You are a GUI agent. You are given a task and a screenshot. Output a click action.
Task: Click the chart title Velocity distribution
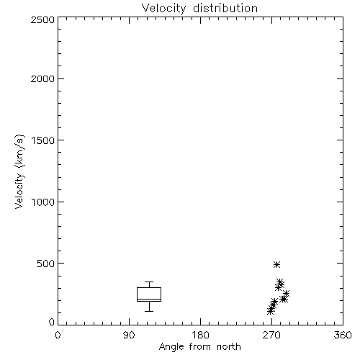(199, 8)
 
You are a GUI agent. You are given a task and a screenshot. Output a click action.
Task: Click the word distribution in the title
(225, 8)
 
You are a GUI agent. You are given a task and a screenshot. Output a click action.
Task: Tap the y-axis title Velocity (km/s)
(19, 171)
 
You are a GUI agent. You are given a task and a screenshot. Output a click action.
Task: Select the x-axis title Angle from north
(199, 346)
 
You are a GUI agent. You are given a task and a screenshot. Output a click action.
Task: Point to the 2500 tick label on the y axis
(42, 19)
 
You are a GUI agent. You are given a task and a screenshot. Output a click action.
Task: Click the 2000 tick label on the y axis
(42, 78)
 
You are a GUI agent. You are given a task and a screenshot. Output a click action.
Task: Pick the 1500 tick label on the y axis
(43, 140)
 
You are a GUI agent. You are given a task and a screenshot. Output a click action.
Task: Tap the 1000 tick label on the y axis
(43, 202)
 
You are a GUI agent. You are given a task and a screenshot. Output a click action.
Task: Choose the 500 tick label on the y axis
(46, 264)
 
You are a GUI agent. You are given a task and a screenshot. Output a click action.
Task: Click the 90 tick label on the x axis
(129, 335)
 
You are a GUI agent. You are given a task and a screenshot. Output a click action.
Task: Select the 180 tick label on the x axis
(200, 335)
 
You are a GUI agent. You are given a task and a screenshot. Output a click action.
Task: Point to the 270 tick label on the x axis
(271, 335)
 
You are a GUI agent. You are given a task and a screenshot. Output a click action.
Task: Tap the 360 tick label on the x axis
(343, 335)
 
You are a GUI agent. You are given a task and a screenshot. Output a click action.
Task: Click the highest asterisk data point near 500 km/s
(277, 264)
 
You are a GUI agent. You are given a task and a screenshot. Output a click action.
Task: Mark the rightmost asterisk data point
(286, 293)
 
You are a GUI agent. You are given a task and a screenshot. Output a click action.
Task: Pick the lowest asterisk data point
(271, 311)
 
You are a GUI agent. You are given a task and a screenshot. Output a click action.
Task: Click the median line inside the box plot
(149, 299)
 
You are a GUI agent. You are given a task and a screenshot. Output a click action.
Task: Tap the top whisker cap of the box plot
(149, 282)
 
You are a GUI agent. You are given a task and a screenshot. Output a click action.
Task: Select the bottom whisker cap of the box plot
(149, 311)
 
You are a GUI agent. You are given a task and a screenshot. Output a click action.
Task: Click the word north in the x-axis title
(229, 346)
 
